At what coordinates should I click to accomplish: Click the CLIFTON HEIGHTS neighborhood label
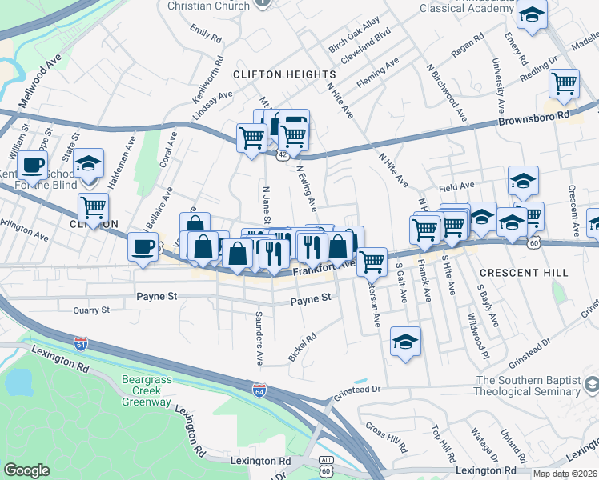coord(271,74)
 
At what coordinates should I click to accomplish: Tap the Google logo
coord(26,470)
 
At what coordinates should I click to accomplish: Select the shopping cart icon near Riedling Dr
coord(565,82)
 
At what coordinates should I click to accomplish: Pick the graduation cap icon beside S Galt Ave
coord(406,341)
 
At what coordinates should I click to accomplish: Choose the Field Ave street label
coord(456,186)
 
